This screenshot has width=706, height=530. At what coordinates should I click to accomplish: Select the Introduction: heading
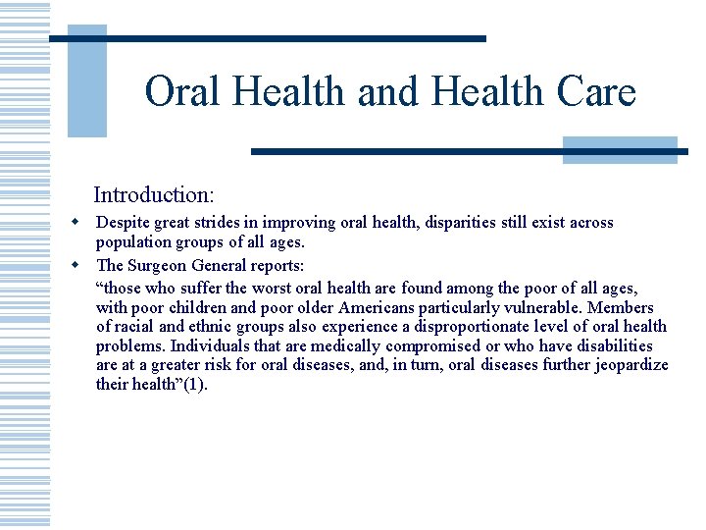pos(154,194)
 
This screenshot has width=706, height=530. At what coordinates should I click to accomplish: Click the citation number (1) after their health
pos(196,385)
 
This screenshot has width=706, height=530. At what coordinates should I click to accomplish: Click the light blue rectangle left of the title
pos(86,80)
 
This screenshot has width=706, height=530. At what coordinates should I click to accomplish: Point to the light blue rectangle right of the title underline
pos(620,150)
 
